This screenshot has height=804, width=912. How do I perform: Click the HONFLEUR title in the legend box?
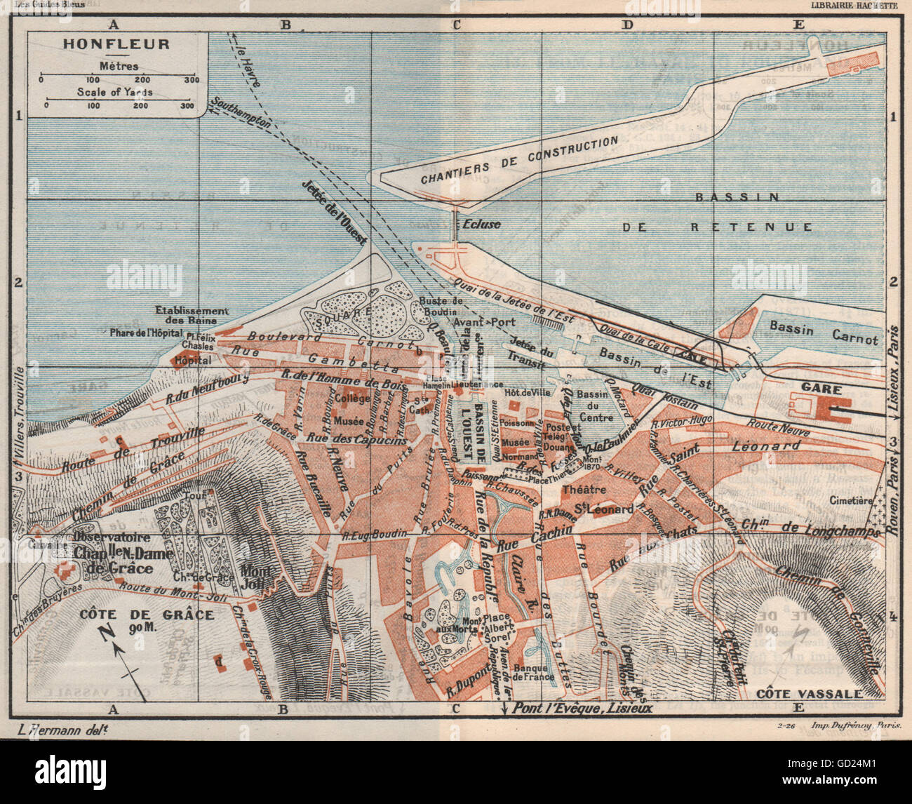pos(116,44)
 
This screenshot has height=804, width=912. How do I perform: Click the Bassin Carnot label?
pos(823,333)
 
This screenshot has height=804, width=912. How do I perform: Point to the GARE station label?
pos(816,387)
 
